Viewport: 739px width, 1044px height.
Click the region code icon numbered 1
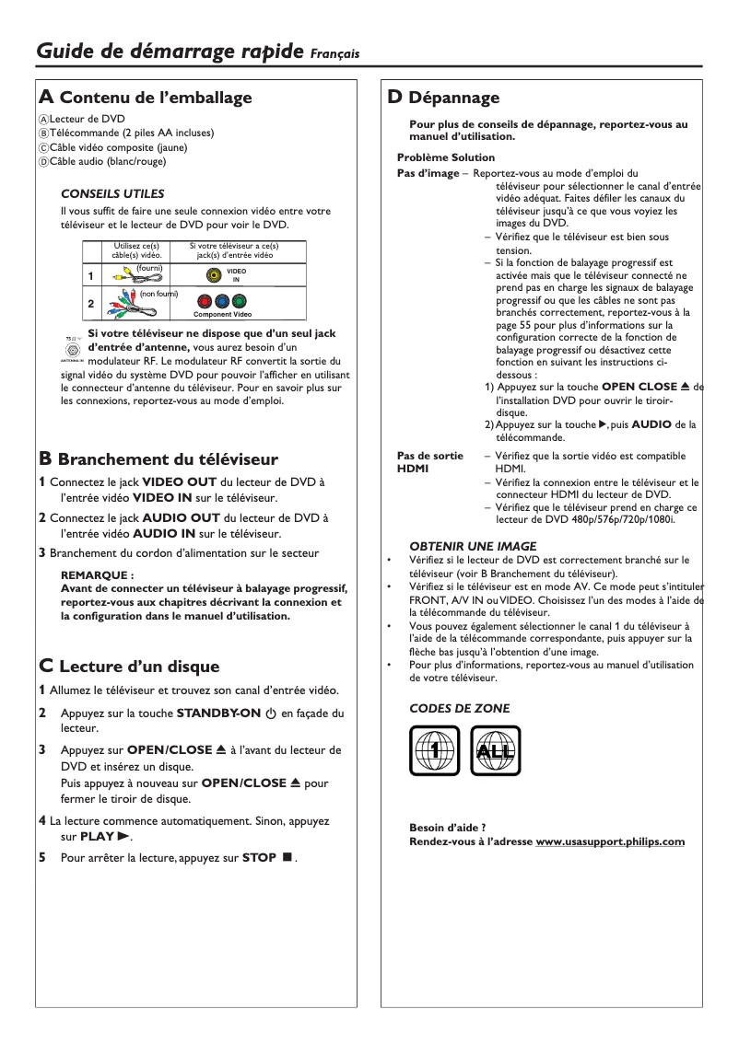tap(434, 751)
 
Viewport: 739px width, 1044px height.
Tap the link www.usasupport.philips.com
tap(610, 841)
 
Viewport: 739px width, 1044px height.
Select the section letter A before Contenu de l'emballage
tap(45, 98)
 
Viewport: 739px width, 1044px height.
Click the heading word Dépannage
tap(453, 98)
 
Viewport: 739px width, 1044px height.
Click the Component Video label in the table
tap(222, 315)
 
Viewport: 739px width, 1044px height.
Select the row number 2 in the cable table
tap(90, 303)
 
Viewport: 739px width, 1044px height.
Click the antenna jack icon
tap(72, 350)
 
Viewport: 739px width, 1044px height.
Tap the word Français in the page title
tap(334, 55)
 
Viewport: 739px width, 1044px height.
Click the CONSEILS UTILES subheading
tap(111, 194)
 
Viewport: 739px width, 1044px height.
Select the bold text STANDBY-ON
tap(217, 713)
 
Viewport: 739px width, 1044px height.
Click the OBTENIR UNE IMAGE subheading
tap(472, 546)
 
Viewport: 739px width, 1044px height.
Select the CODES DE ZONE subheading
tap(459, 708)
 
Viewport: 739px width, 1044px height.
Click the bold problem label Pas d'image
tap(427, 174)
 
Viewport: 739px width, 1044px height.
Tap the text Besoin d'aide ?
tap(447, 827)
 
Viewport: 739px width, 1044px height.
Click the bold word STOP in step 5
tap(259, 857)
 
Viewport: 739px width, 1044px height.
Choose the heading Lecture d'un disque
tap(139, 667)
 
